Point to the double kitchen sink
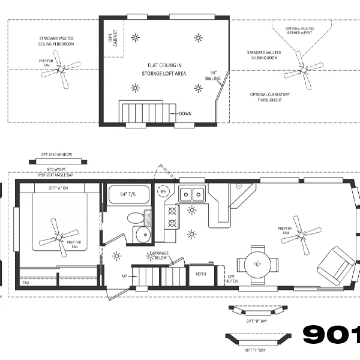pos(193,194)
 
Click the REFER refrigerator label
pos(201,274)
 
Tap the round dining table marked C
pos(257,263)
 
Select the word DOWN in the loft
pos(185,113)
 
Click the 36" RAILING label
pos(213,76)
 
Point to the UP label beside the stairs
pos(125,276)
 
